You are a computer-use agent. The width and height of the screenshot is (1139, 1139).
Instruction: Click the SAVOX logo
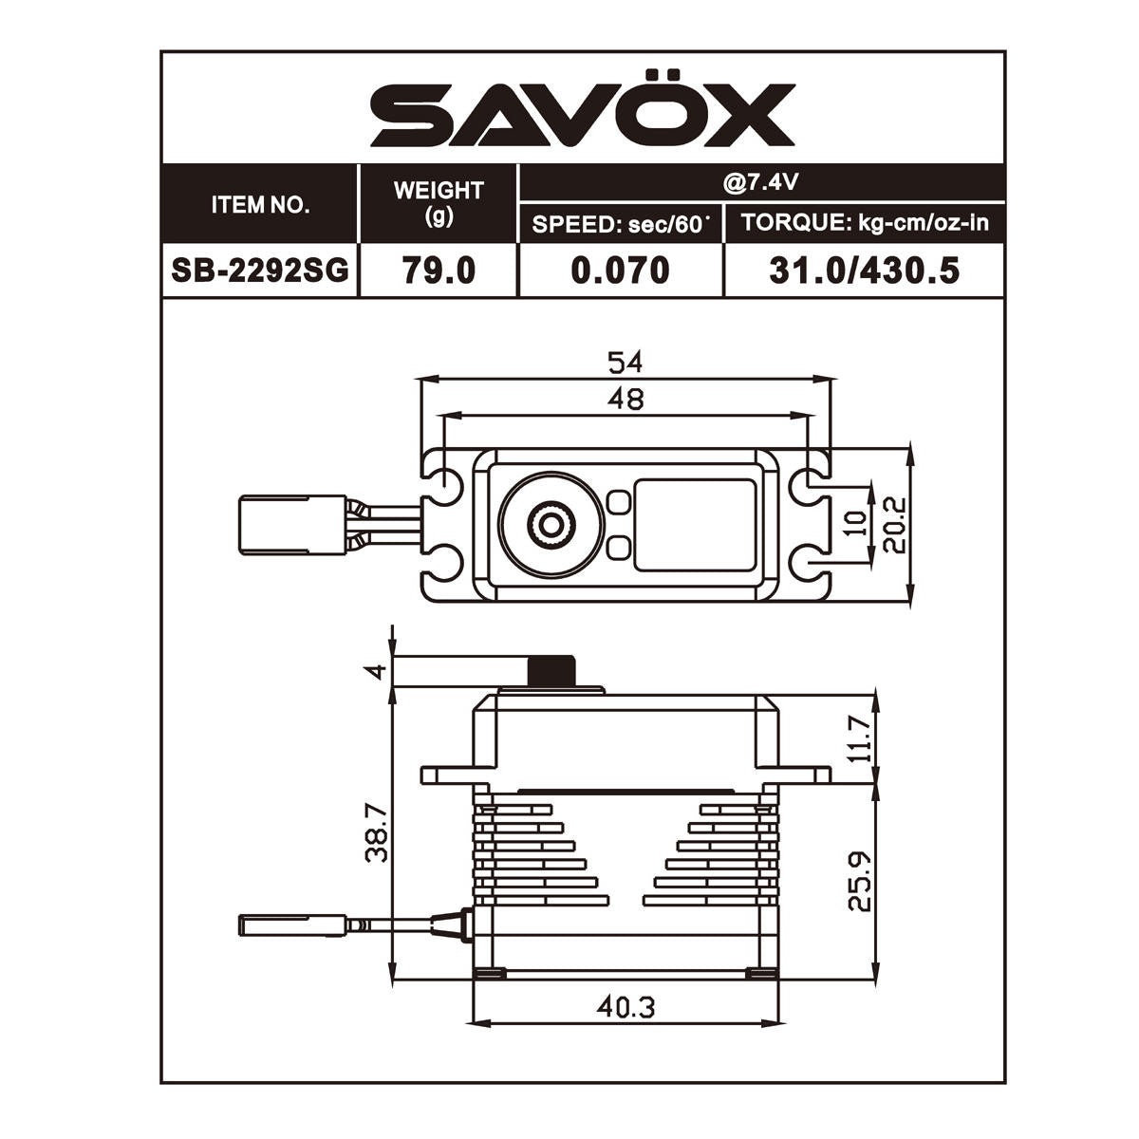582,108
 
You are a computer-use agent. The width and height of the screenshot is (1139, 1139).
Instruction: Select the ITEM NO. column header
261,205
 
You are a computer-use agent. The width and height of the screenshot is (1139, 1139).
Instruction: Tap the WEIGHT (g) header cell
438,203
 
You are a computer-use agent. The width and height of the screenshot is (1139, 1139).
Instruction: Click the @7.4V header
760,182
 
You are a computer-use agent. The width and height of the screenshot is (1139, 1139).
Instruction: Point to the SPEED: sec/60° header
620,225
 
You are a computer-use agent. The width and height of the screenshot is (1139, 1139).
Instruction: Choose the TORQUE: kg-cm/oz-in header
865,223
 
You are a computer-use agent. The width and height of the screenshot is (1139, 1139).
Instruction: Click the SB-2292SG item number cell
260,271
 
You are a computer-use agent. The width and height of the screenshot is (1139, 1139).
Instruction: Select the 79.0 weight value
439,271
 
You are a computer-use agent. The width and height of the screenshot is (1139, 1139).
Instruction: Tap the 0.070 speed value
620,271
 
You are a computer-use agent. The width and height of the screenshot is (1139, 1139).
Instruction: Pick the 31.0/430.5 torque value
864,271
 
